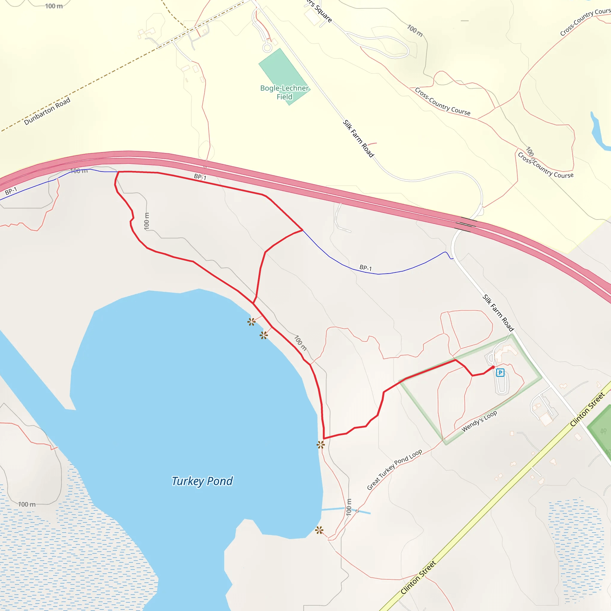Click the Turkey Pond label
[x=202, y=481]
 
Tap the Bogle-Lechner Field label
[x=284, y=92]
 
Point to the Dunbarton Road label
[x=47, y=111]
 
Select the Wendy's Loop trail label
[x=479, y=421]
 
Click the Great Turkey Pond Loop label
[x=394, y=470]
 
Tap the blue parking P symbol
[x=500, y=372]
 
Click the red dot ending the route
[x=493, y=367]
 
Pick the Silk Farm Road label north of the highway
[x=359, y=138]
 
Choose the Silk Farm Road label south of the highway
[x=498, y=312]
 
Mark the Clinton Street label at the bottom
[x=418, y=578]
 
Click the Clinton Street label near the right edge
[x=587, y=409]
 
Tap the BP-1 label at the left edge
[x=11, y=191]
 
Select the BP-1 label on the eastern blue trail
[x=365, y=268]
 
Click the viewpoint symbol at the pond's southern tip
[x=319, y=530]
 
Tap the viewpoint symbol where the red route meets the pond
[x=321, y=445]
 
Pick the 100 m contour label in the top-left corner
[x=54, y=6]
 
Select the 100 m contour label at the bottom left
[x=27, y=504]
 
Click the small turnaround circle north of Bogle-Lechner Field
[x=267, y=48]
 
